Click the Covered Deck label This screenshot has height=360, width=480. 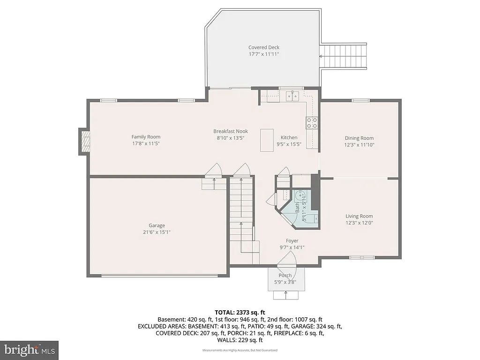point(264,47)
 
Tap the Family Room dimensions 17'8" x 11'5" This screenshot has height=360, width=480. point(146,143)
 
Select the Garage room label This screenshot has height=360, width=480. point(157,225)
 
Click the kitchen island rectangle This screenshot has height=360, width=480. point(267,140)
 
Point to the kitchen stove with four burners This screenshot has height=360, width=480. point(312,122)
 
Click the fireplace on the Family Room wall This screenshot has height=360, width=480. point(84,141)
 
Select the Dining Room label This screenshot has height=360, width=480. point(360,138)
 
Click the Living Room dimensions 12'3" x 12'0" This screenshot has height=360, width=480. point(360,223)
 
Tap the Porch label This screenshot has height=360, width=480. point(285,275)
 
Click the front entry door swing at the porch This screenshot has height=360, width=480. point(286,259)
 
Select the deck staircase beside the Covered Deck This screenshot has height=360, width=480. point(343,56)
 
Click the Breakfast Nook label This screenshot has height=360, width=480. point(231,131)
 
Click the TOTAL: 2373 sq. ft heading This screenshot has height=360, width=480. point(240,312)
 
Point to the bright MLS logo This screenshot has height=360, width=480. point(29,350)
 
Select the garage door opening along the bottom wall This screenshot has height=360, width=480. point(159,276)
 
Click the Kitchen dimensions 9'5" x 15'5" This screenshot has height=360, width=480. point(289,144)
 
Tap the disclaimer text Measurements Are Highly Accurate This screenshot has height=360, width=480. point(240,351)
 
